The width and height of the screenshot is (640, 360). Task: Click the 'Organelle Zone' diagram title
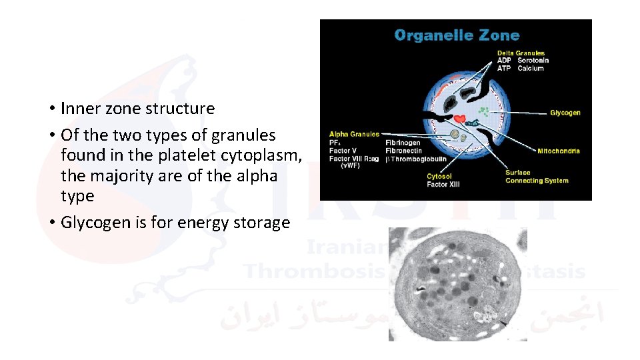click(x=457, y=35)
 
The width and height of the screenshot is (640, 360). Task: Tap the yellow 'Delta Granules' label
click(x=521, y=53)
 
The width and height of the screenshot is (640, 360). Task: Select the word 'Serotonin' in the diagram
click(x=531, y=61)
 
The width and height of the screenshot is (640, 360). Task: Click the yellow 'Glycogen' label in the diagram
click(x=565, y=113)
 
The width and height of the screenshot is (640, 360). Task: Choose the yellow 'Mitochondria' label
click(x=558, y=151)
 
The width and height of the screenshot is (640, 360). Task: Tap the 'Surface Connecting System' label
click(x=537, y=177)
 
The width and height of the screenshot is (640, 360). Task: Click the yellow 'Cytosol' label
click(x=439, y=177)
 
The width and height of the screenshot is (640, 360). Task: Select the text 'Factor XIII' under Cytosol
click(x=444, y=184)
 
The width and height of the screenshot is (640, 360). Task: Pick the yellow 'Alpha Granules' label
click(x=354, y=135)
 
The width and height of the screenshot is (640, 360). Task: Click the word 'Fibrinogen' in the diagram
click(x=403, y=143)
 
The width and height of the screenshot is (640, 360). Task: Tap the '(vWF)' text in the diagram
click(x=351, y=166)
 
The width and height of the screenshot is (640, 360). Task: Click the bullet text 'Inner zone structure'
click(x=137, y=108)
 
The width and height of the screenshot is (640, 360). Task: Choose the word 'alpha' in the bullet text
click(x=255, y=176)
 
